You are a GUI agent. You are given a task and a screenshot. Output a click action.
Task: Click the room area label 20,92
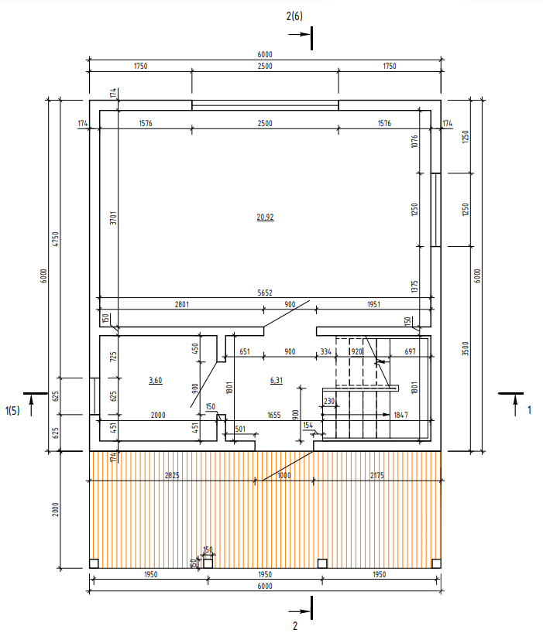pyautogui.click(x=265, y=217)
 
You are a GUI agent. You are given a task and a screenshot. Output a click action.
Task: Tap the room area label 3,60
pyautogui.click(x=156, y=380)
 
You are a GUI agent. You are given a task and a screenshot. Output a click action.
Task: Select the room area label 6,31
pyautogui.click(x=277, y=380)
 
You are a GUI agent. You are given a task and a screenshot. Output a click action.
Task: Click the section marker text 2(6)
pyautogui.click(x=294, y=16)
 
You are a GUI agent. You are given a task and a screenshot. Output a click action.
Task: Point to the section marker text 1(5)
pyautogui.click(x=12, y=411)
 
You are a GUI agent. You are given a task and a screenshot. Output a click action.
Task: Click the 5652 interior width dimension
pyautogui.click(x=265, y=293)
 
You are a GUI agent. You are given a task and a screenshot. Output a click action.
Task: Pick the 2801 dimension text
pyautogui.click(x=182, y=304)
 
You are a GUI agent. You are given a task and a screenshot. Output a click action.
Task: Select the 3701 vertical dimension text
pyautogui.click(x=113, y=218)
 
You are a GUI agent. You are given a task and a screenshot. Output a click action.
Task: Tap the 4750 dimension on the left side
pyautogui.click(x=56, y=239)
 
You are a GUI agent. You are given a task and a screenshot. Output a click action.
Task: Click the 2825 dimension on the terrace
pyautogui.click(x=172, y=476)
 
